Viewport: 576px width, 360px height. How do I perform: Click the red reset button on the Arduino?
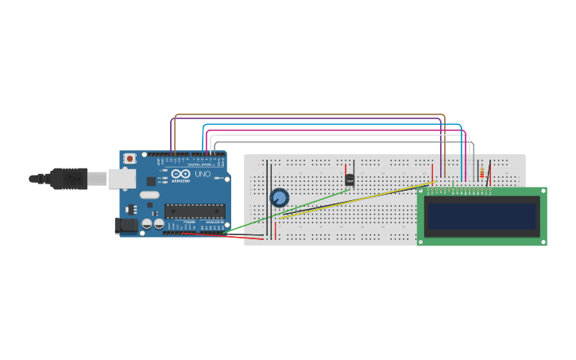pyautogui.click(x=130, y=159)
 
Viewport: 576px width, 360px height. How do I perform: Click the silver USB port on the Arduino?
pyautogui.click(x=121, y=179)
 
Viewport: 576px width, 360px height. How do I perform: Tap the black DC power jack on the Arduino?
pyautogui.click(x=126, y=226)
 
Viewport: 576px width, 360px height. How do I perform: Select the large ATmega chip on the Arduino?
pyautogui.click(x=195, y=211)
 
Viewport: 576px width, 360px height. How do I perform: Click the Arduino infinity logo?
pyautogui.click(x=180, y=174)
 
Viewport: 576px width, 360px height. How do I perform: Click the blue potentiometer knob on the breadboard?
pyautogui.click(x=279, y=197)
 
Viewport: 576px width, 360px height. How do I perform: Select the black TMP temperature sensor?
pyautogui.click(x=350, y=180)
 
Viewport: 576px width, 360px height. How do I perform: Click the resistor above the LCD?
pyautogui.click(x=481, y=173)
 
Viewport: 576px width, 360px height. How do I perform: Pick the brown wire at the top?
pyautogui.click(x=310, y=115)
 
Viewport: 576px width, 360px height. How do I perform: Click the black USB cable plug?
pyautogui.click(x=68, y=179)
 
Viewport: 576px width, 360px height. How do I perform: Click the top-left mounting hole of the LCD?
pyautogui.click(x=422, y=192)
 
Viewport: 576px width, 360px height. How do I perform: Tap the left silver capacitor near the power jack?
pyautogui.click(x=148, y=224)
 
